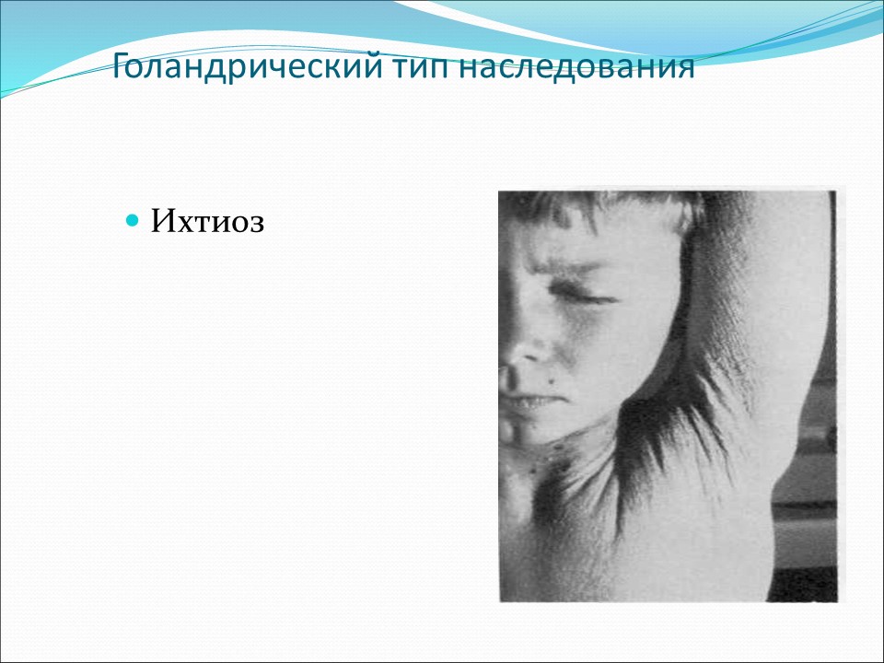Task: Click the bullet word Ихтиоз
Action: coord(207,222)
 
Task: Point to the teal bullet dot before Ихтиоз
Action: coord(132,221)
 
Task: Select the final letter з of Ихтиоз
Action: coord(257,223)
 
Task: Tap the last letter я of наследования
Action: coord(685,70)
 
